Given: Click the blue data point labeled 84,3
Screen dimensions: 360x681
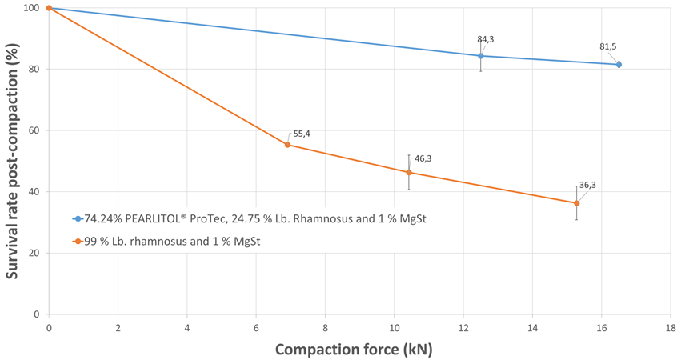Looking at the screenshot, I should click(x=481, y=56).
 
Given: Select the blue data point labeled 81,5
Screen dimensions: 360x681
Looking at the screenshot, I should click(x=619, y=64).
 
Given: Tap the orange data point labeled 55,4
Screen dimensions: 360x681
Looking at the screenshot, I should click(x=287, y=145).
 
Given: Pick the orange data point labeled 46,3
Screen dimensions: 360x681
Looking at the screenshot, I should click(x=409, y=172).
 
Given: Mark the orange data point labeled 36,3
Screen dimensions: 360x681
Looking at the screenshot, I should click(x=576, y=203).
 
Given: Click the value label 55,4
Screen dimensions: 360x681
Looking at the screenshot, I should click(x=302, y=134).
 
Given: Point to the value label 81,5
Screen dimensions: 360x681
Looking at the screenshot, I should click(x=608, y=46).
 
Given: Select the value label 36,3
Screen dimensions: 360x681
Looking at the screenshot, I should click(x=587, y=185).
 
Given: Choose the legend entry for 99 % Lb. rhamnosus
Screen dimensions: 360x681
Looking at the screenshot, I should click(x=172, y=241).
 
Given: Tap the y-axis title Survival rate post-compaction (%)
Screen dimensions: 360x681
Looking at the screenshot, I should click(x=13, y=160).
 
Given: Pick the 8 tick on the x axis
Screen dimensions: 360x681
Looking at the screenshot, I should click(x=325, y=328).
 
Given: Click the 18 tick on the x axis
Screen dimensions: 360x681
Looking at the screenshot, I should click(x=670, y=328).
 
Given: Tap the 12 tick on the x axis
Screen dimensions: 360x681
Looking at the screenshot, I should click(x=463, y=328).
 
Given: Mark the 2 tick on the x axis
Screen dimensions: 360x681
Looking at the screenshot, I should click(x=118, y=328).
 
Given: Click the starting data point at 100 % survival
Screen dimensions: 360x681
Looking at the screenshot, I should click(x=49, y=8).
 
